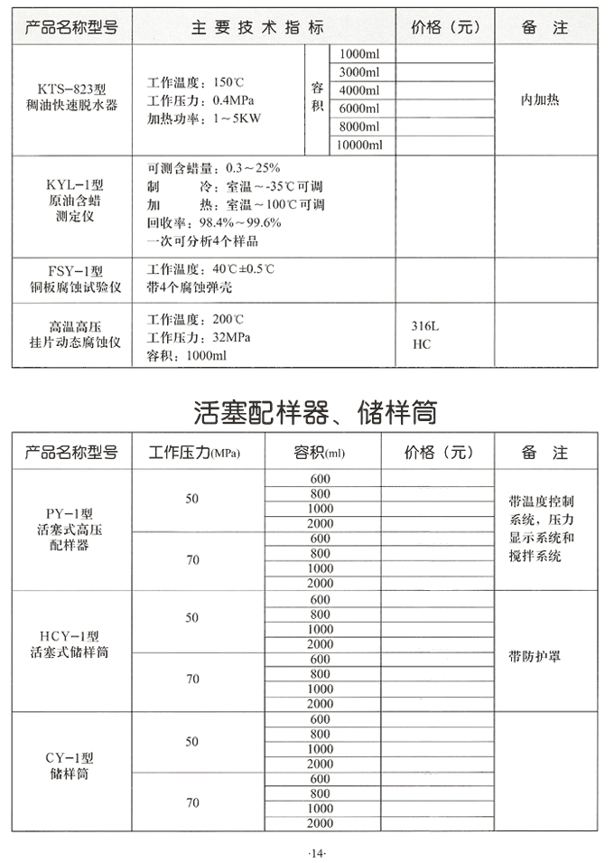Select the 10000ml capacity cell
tap(359, 145)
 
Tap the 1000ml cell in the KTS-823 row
tap(359, 54)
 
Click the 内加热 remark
tap(540, 99)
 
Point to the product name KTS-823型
tap(72, 89)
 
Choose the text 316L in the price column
tap(425, 327)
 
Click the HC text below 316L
tap(421, 344)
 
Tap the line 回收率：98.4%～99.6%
tap(214, 222)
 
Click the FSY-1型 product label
tap(76, 270)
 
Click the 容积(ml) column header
tap(320, 452)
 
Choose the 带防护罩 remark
tap(535, 657)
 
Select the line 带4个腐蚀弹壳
tap(189, 287)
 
